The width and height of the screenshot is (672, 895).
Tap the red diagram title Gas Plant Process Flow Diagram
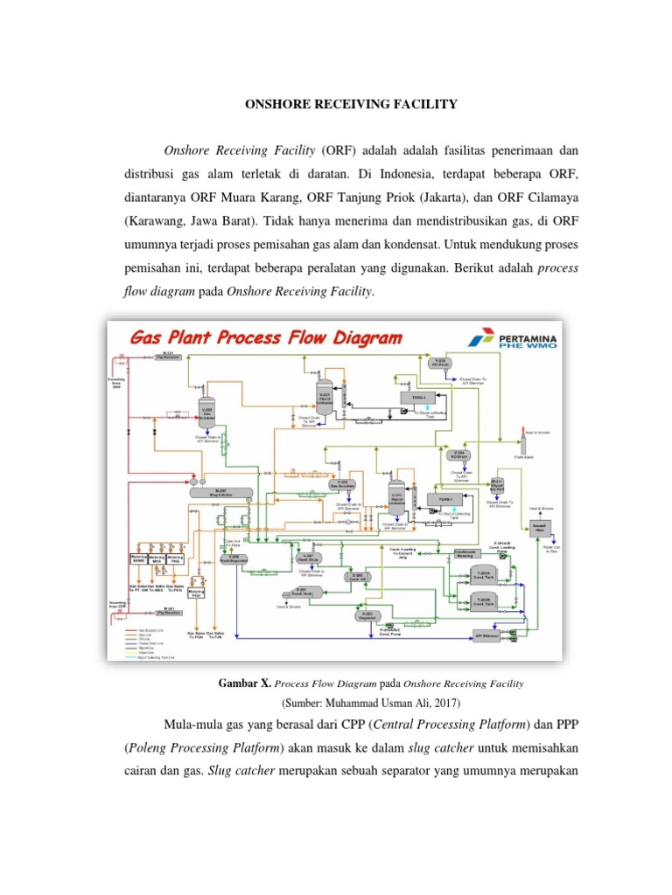pyautogui.click(x=266, y=336)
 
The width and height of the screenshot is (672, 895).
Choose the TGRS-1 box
pyautogui.click(x=442, y=499)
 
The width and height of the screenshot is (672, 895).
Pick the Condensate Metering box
pyautogui.click(x=471, y=553)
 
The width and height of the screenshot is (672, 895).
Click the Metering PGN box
pyautogui.click(x=197, y=592)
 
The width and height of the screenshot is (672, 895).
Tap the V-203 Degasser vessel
pyautogui.click(x=367, y=615)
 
